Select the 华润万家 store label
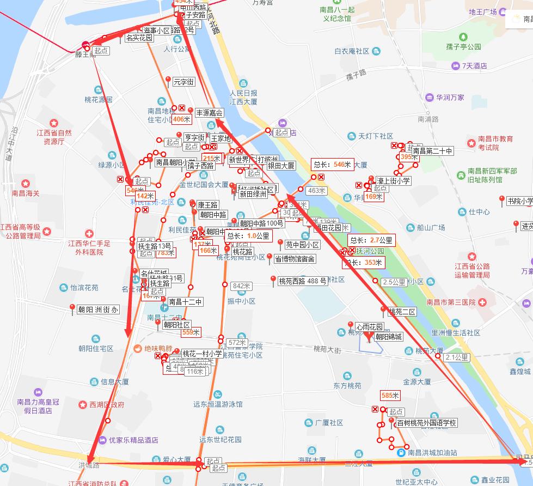449,98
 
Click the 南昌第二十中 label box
432,151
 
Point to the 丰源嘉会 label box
210,113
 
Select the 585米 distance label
390,395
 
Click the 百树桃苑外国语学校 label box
426,423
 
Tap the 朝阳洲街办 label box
98,309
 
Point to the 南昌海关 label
28,193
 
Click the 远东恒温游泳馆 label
218,404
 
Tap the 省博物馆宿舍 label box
295,259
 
